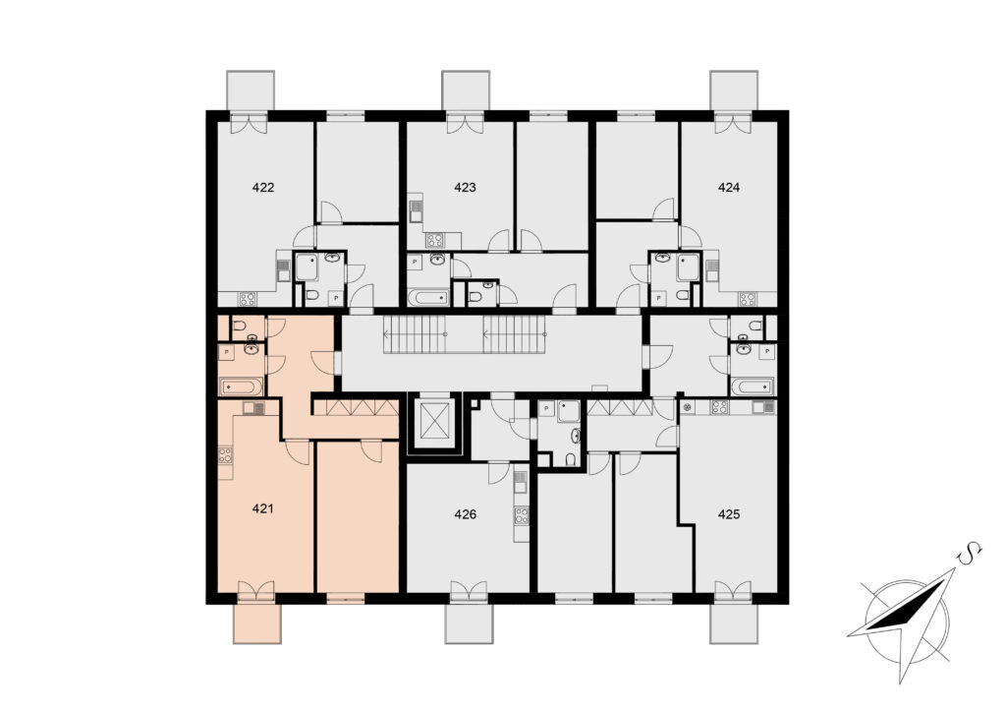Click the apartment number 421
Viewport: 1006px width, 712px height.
click(x=263, y=509)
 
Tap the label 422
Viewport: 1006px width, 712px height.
click(x=263, y=188)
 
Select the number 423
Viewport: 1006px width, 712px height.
click(x=465, y=188)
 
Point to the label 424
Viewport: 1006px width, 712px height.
click(x=729, y=188)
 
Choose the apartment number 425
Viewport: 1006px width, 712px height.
click(x=729, y=514)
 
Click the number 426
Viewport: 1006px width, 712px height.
click(x=465, y=514)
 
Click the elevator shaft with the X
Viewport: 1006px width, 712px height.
click(x=434, y=424)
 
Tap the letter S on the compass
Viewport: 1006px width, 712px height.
click(x=970, y=553)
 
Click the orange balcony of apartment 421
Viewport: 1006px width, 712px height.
click(x=256, y=623)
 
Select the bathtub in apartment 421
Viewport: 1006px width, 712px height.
click(x=242, y=387)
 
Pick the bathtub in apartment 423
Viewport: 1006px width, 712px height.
click(x=429, y=297)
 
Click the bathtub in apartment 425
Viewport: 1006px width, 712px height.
click(x=754, y=386)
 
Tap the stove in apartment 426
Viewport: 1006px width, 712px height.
click(x=522, y=515)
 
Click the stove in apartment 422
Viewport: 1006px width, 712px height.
click(x=247, y=299)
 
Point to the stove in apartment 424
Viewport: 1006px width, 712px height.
click(x=747, y=299)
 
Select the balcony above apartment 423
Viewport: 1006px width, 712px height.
click(x=466, y=90)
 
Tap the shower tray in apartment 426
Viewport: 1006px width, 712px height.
click(x=569, y=411)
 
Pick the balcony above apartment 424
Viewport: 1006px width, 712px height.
click(x=734, y=90)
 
